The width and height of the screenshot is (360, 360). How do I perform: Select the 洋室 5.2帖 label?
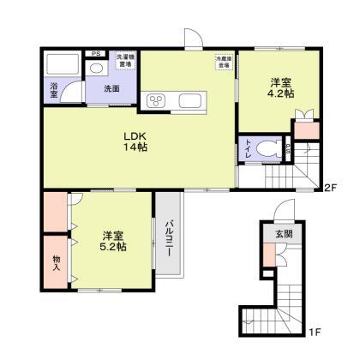click(112, 241)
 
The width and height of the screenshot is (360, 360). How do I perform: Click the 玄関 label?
click(283, 233)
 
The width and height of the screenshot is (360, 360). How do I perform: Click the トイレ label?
click(249, 148)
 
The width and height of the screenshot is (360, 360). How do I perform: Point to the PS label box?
click(95, 52)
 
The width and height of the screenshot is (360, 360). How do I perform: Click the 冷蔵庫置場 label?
click(224, 61)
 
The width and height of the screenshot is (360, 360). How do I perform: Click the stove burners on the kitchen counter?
click(157, 102)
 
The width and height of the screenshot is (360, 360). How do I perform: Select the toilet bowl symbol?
click(272, 147)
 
